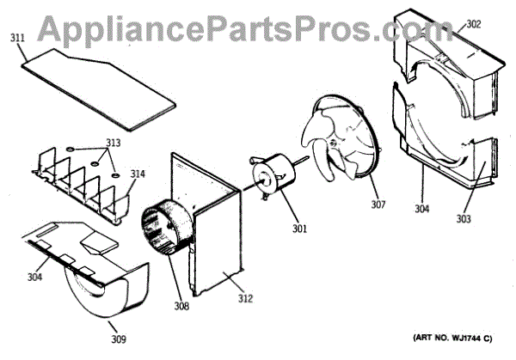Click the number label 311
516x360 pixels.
click(x=18, y=38)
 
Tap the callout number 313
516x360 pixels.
click(x=113, y=143)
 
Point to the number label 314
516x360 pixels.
click(x=138, y=174)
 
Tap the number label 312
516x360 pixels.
click(x=246, y=299)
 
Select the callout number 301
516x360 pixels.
click(x=299, y=229)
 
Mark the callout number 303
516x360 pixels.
click(x=488, y=220)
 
